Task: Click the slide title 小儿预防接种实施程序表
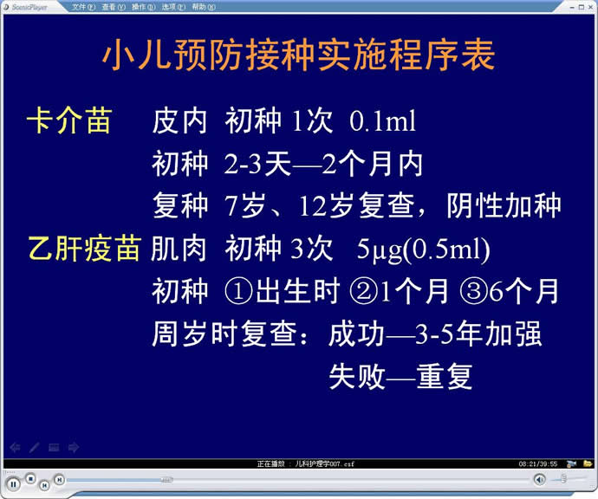299,55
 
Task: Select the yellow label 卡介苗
69,120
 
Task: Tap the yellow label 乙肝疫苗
85,249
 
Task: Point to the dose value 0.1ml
382,121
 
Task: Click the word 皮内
179,121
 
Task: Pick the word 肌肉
179,249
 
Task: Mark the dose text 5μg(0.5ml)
423,249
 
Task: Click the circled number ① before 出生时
238,291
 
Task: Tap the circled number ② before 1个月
363,291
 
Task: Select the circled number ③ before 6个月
474,291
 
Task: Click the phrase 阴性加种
504,206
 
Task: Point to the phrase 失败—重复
400,377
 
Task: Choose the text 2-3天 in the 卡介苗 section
257,165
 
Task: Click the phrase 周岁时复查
224,334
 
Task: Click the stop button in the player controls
31,478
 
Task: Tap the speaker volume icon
540,479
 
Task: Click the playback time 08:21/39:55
537,464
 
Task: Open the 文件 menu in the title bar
83,7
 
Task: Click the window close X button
590,7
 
